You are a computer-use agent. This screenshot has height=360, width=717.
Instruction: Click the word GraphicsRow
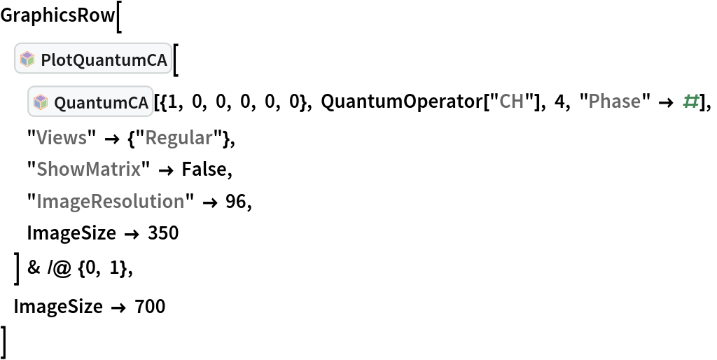coord(57,16)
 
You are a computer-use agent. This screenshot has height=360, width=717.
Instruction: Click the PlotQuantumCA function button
coord(93,59)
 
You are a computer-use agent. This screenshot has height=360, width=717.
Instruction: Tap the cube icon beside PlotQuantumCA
coord(27,59)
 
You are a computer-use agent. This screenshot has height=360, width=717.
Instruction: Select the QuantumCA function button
coord(90,102)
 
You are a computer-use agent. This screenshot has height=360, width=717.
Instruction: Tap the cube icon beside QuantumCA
coord(41,102)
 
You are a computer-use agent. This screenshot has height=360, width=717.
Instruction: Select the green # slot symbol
coord(690,102)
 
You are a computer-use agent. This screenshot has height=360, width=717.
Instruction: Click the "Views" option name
coord(62,137)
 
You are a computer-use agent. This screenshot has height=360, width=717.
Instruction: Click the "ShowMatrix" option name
coord(89,169)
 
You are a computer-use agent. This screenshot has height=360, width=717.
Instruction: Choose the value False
coord(204,169)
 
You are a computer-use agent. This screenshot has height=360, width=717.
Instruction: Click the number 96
coord(236,201)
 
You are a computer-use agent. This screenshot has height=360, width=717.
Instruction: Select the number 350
coord(163,233)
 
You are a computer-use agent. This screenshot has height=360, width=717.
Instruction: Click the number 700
coord(150,306)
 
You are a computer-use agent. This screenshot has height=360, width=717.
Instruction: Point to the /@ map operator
coord(60,268)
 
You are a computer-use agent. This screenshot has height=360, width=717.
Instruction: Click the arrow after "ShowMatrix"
coord(167,169)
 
